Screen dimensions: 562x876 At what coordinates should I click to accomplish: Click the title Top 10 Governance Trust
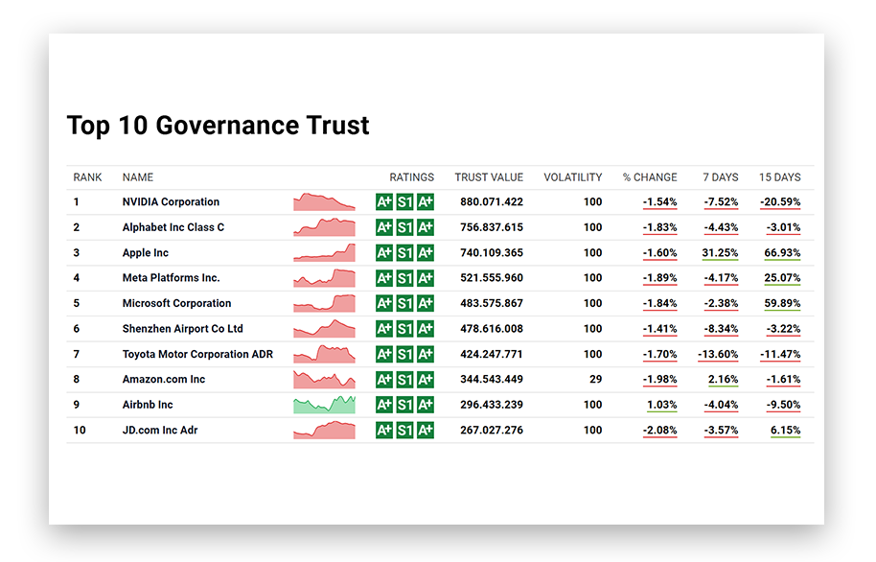[x=218, y=126]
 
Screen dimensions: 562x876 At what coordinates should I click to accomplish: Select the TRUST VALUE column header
[x=489, y=177]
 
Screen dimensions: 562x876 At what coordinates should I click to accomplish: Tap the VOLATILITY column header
[x=572, y=177]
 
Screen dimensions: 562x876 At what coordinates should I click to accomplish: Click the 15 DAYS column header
[x=779, y=177]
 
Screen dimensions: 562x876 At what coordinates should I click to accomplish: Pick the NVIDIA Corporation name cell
[x=171, y=202]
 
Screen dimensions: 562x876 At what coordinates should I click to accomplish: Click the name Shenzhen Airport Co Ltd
[x=182, y=329]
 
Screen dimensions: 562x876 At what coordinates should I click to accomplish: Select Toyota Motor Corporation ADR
[x=197, y=354]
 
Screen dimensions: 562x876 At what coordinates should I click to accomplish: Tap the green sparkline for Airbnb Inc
[x=324, y=404]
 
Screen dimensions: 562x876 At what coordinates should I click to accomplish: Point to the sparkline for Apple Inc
[x=324, y=253]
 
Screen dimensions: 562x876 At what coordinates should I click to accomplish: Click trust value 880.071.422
[x=492, y=202]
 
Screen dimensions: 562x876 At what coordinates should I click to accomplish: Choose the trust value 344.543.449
[x=492, y=380]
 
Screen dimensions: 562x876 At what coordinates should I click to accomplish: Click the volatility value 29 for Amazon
[x=596, y=380]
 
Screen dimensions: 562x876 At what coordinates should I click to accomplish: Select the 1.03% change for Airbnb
[x=661, y=405]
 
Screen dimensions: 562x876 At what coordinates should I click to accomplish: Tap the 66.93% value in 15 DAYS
[x=783, y=253]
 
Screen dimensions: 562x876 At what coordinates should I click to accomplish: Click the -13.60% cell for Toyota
[x=718, y=354]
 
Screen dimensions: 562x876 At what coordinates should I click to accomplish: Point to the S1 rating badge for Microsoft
[x=404, y=303]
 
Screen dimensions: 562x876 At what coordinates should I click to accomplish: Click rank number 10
[x=80, y=430]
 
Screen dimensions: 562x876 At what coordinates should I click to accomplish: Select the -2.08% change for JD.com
[x=659, y=430]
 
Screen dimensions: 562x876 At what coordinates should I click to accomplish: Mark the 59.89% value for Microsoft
[x=783, y=303]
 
